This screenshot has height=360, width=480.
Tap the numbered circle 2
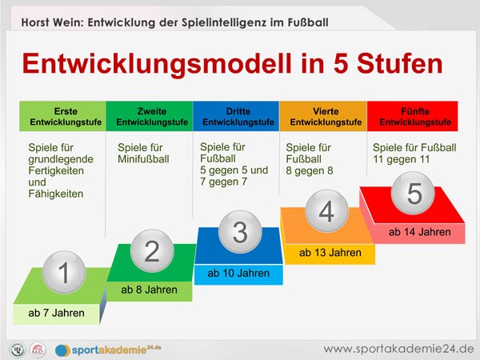pyautogui.click(x=152, y=250)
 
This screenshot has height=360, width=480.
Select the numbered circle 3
pyautogui.click(x=241, y=232)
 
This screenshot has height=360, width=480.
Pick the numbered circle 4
pyautogui.click(x=326, y=212)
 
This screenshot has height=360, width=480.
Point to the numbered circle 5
pyautogui.click(x=414, y=194)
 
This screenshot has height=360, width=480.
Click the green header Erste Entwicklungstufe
pyautogui.click(x=62, y=116)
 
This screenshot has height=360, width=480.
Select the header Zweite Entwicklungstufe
pyautogui.click(x=149, y=116)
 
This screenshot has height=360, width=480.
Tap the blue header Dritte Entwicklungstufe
pyautogui.click(x=236, y=116)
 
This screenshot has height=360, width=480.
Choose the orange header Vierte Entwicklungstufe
pyautogui.click(x=322, y=116)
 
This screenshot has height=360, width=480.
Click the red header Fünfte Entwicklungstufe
pyautogui.click(x=412, y=116)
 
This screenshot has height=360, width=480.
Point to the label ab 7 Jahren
pyautogui.click(x=56, y=313)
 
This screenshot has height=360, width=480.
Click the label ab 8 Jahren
pyautogui.click(x=149, y=290)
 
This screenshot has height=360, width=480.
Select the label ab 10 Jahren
pyautogui.click(x=238, y=274)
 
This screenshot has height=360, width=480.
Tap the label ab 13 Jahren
pyautogui.click(x=327, y=253)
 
